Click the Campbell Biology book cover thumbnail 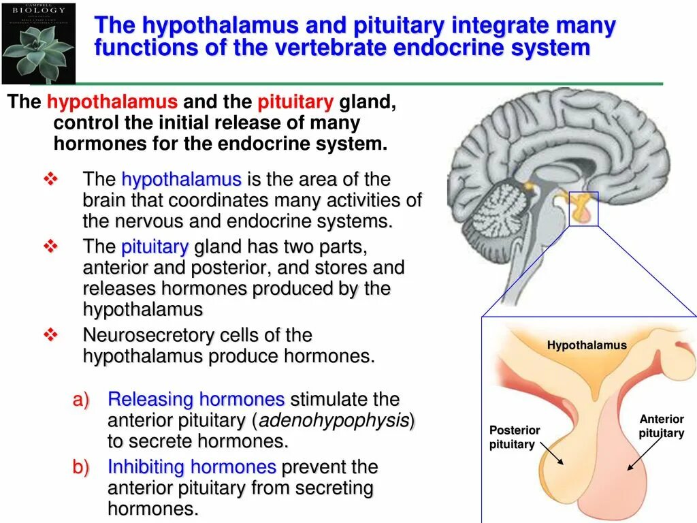coord(39,42)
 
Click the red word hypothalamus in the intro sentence coord(112,103)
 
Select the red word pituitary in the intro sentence coord(295,103)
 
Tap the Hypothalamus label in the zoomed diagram coord(587,345)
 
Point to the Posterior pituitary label coord(514,437)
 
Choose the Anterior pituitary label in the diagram coord(661,426)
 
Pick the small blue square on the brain coord(583,208)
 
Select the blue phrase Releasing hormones coord(196,399)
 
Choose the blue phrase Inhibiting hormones coord(192,467)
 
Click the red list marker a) coord(81,400)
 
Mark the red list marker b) coord(81,468)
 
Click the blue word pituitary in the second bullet coord(155,247)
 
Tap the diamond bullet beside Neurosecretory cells coord(52,335)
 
